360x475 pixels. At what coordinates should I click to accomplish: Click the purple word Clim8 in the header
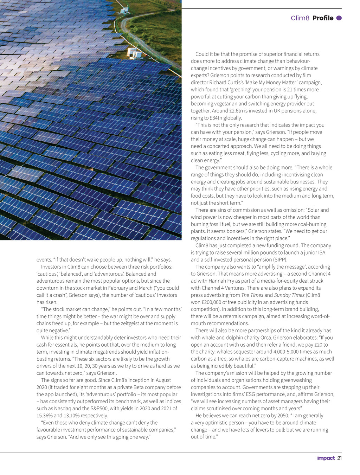point(300,18)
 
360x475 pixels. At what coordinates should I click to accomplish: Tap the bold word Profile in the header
point(323,18)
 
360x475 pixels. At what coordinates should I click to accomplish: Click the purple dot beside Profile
point(339,18)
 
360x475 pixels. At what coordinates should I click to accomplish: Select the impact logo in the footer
point(326,458)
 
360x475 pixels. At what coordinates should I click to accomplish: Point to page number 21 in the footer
point(339,458)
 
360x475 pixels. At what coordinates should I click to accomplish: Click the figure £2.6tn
point(235,111)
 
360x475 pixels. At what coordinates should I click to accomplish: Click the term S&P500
point(98,409)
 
